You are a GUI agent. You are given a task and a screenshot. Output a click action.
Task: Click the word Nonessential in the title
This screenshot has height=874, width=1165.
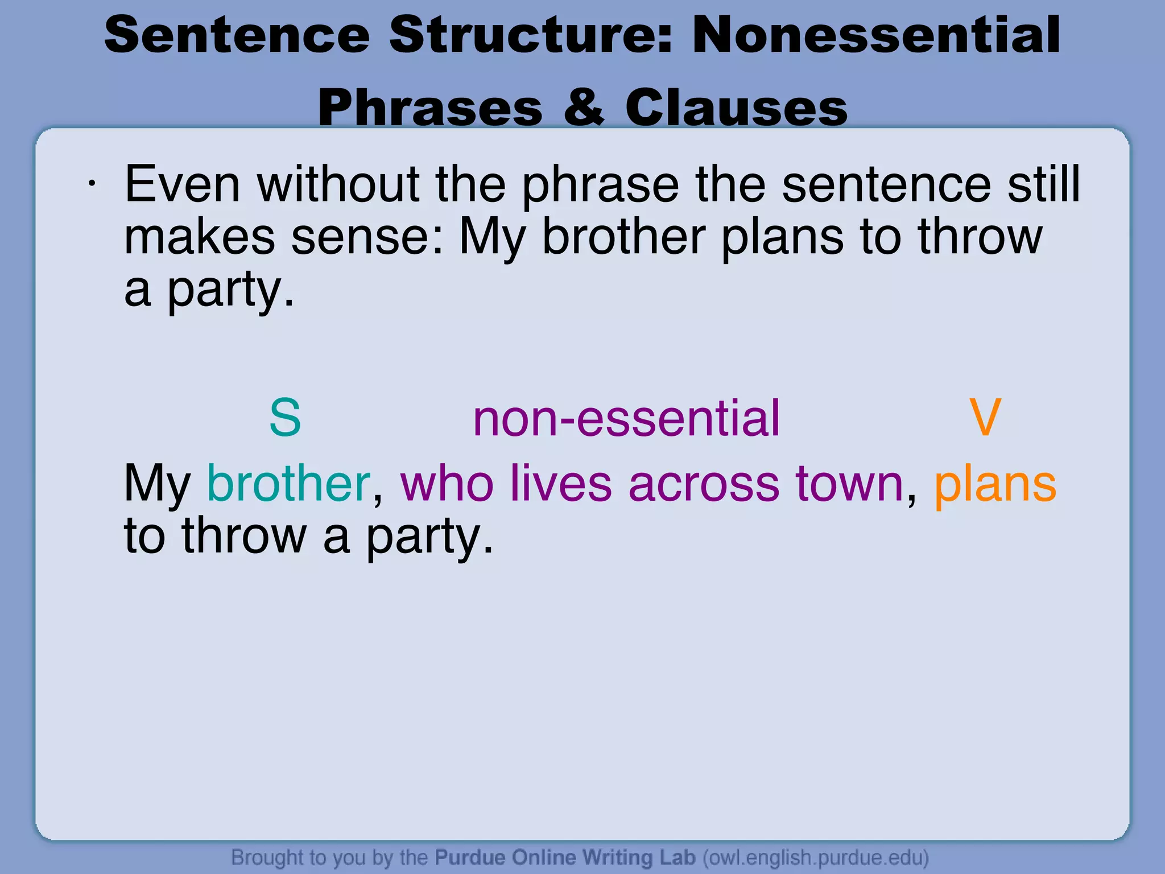pyautogui.click(x=876, y=35)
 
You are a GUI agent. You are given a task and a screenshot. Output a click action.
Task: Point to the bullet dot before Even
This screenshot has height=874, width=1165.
pyautogui.click(x=91, y=183)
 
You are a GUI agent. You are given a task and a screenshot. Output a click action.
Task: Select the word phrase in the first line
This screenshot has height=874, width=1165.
pyautogui.click(x=600, y=185)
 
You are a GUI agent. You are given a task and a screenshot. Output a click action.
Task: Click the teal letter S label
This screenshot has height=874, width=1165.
pyautogui.click(x=284, y=418)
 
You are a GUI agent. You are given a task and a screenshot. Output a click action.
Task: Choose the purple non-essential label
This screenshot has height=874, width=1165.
pyautogui.click(x=626, y=418)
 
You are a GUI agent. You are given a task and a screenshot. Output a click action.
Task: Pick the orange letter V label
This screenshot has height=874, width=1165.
pyautogui.click(x=985, y=418)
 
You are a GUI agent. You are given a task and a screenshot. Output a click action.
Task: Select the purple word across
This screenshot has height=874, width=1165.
pyautogui.click(x=704, y=483)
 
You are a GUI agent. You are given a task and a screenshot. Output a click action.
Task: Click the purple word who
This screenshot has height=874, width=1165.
pyautogui.click(x=447, y=483)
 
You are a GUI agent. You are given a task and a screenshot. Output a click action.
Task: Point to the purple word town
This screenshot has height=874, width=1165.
pyautogui.click(x=849, y=483)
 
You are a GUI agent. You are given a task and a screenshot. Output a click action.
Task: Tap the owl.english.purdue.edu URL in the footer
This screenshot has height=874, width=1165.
pyautogui.click(x=816, y=857)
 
